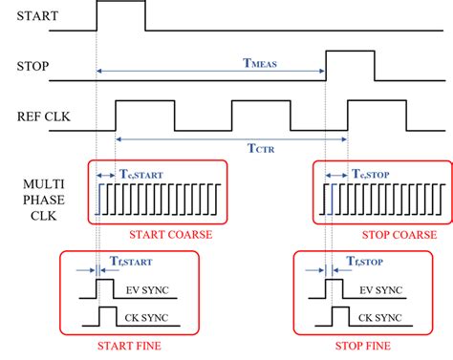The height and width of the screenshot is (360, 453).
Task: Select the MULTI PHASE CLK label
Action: (30, 196)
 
